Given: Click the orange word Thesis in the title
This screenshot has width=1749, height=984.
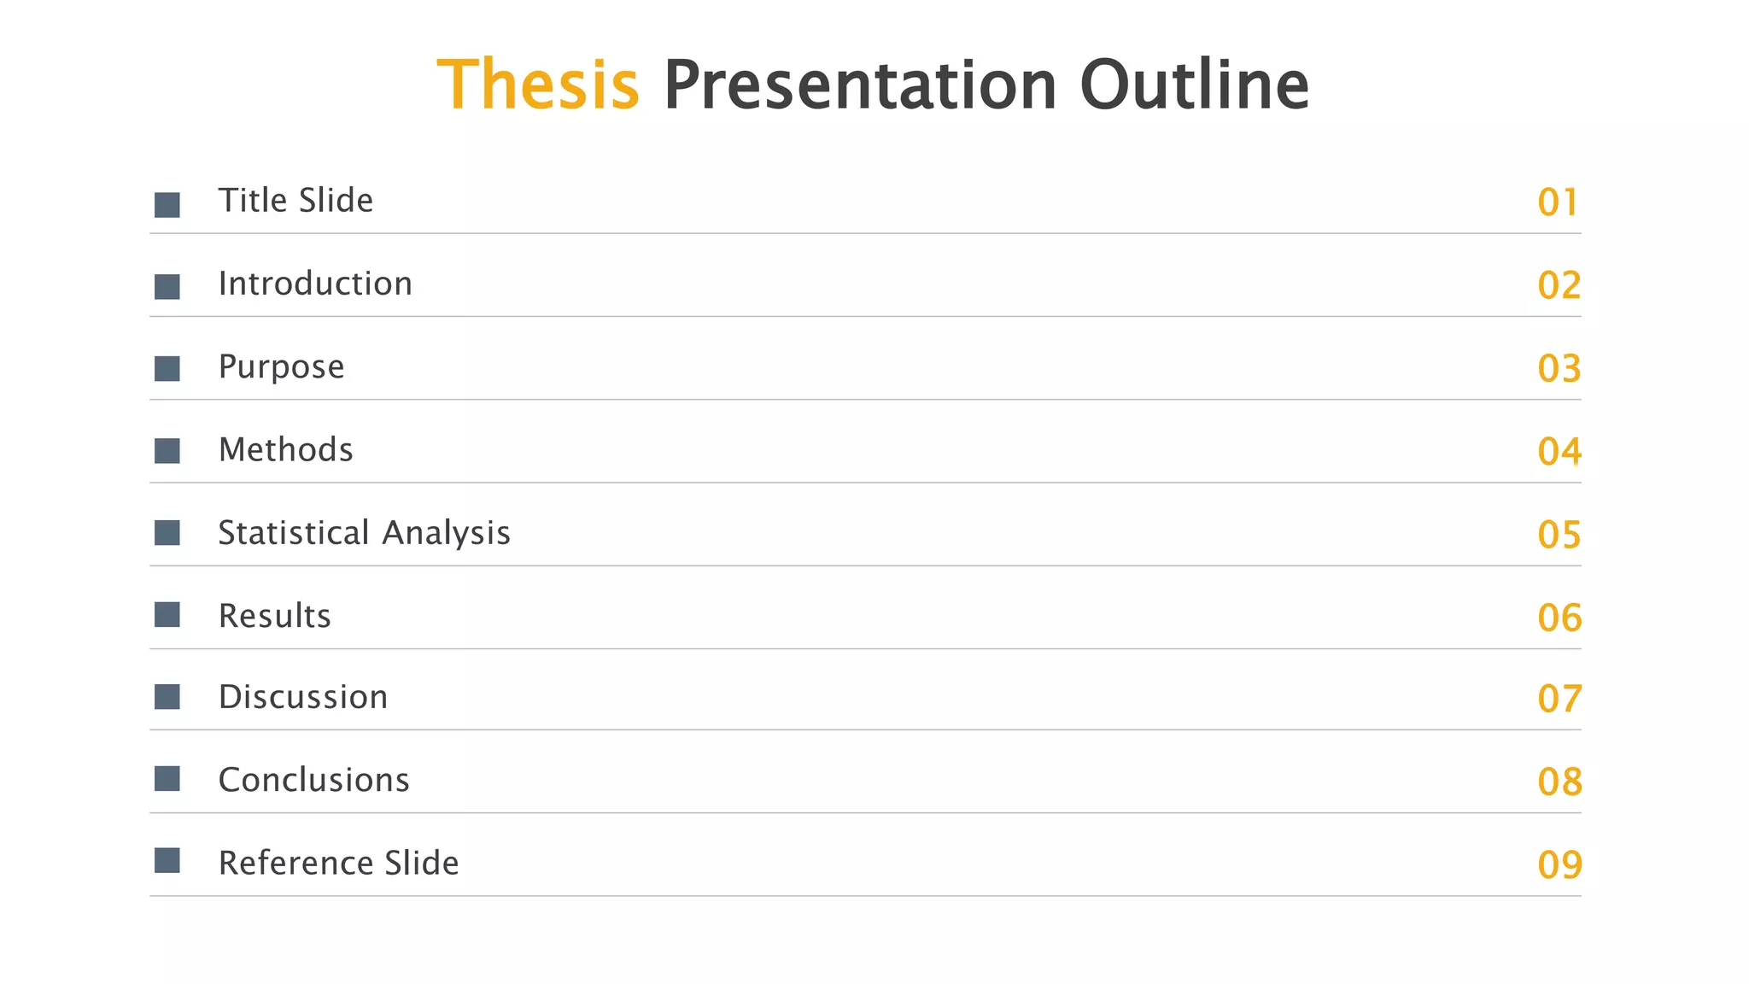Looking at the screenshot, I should [x=538, y=85].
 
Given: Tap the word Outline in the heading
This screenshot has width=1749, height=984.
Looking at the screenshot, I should [x=1194, y=85].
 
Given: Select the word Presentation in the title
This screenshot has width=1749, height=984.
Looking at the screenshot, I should [x=860, y=85].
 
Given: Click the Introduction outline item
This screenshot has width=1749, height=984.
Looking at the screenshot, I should [x=315, y=284].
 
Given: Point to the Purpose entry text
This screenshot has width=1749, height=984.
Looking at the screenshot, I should [x=281, y=366].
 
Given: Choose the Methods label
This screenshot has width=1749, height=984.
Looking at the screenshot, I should [x=285, y=449].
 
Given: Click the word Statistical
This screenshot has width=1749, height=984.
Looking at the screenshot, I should [x=293, y=532].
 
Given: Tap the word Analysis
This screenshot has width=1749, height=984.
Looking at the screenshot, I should [x=446, y=532].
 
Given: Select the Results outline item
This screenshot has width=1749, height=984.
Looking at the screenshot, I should [x=274, y=615].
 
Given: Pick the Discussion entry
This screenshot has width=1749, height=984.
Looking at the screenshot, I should [x=303, y=697].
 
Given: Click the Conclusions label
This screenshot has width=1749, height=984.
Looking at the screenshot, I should [x=313, y=780].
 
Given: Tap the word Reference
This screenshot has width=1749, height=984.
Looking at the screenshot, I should [x=295, y=863].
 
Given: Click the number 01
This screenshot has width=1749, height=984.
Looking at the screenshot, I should [x=1558, y=202].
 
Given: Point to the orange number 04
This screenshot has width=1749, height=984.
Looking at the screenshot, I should [x=1559, y=451].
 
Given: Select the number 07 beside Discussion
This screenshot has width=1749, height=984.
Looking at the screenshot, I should [x=1559, y=699].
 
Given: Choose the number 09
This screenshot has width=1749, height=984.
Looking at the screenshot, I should [x=1559, y=864].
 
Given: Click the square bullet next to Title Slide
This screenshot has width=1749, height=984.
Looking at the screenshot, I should [x=167, y=205].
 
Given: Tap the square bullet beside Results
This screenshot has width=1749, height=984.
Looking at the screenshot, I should [x=167, y=615].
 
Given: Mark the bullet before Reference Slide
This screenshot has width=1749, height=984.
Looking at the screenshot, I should [x=167, y=860].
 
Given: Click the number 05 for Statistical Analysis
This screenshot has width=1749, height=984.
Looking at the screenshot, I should [x=1559, y=535].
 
